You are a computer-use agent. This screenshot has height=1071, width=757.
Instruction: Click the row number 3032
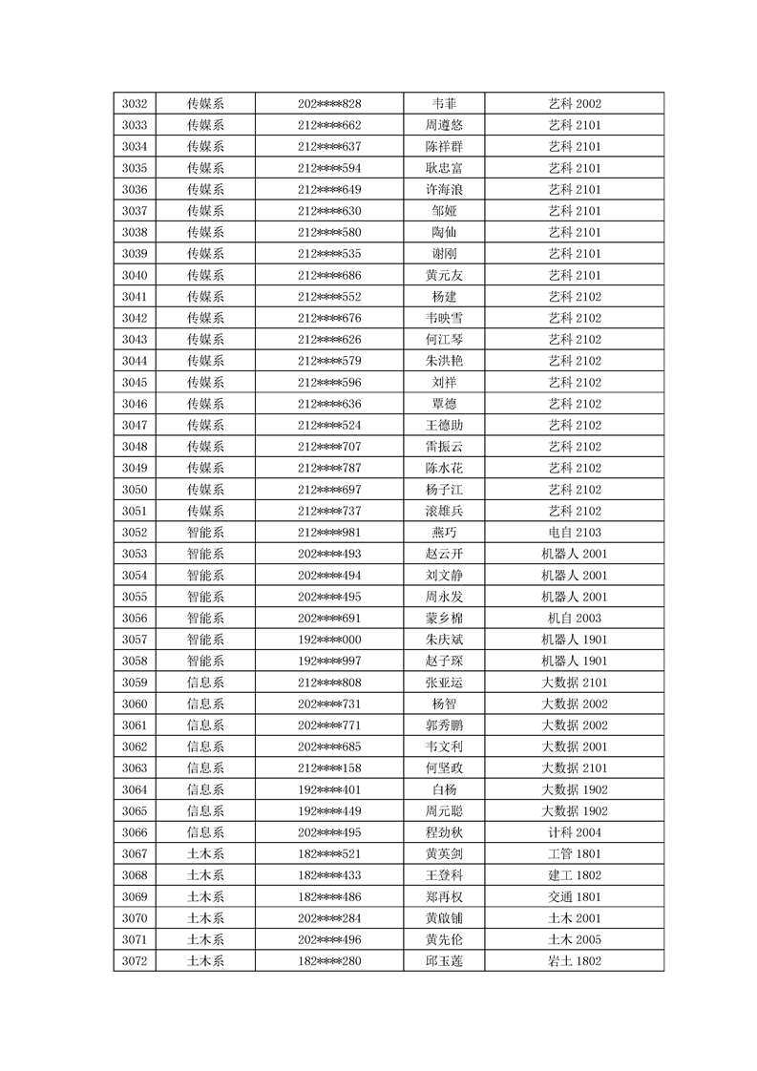coord(135,104)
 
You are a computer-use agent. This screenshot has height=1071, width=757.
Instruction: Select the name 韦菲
coord(444,104)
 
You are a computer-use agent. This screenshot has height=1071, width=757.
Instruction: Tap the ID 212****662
coord(329,125)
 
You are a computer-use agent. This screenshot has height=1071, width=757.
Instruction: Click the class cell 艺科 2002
coord(575,104)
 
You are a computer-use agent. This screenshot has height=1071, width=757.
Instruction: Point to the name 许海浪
coord(444,189)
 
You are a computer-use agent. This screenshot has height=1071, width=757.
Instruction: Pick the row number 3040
coord(135,275)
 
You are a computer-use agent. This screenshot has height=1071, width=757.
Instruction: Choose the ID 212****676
coord(329,318)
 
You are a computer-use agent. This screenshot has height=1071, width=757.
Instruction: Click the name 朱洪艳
coord(444,361)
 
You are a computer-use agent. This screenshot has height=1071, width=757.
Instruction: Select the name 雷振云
coord(444,447)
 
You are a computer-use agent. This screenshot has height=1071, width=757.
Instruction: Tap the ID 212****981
coord(329,532)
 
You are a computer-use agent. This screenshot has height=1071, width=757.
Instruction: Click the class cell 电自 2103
coord(575,532)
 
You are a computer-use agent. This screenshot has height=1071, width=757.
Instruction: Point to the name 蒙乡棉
coord(444,618)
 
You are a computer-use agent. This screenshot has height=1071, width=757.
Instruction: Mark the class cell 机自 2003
coord(575,618)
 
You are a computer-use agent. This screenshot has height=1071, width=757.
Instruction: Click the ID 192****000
coord(329,640)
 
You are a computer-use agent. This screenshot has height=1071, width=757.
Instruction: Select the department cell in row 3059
coord(205,682)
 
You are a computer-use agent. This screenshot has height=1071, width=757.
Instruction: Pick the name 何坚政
coord(444,767)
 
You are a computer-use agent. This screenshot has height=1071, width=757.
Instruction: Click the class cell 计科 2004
coord(575,831)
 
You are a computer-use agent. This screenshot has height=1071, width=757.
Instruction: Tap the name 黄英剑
coord(444,853)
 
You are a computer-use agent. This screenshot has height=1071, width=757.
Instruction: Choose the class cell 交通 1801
coord(575,896)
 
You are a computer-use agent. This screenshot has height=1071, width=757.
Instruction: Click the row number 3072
coord(135,960)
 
